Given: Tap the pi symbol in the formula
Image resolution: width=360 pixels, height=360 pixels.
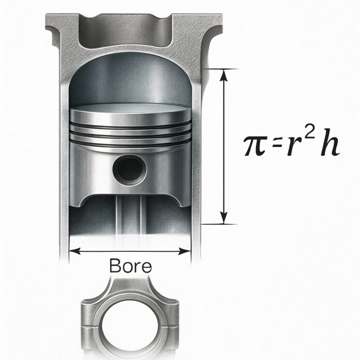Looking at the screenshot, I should (255, 147).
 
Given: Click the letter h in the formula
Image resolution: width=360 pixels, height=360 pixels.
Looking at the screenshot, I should (328, 145).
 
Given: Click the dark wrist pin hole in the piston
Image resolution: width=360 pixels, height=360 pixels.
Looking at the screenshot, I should (129, 169).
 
